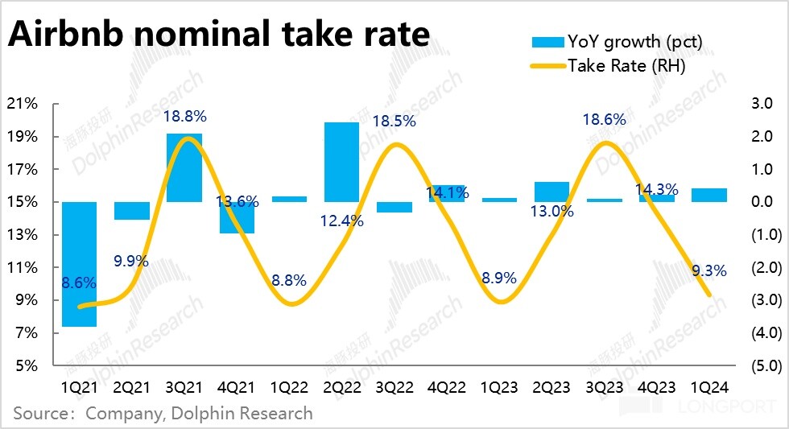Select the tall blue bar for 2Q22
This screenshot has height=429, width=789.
pos(341,162)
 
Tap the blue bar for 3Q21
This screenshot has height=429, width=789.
pos(184,167)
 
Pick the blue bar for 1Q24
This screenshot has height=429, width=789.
pos(708,195)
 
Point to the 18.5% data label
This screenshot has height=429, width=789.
pos(394,122)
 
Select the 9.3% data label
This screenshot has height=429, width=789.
pos(709,270)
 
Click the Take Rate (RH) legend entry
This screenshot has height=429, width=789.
pos(608,66)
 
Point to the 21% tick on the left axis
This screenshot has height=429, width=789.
pos(22,104)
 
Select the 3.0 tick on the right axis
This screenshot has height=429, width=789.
pos(762,104)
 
